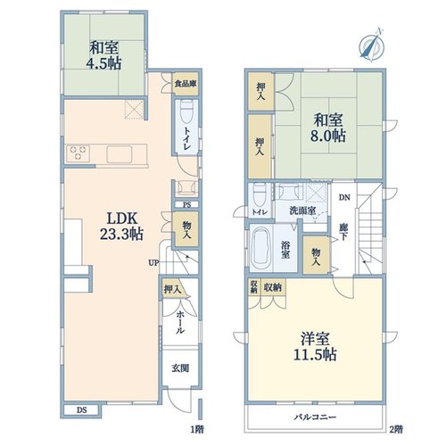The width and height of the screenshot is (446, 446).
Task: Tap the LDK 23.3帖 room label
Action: click(x=121, y=227)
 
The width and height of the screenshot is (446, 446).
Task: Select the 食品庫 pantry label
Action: click(x=186, y=84)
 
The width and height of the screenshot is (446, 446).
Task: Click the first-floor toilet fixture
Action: click(x=186, y=111)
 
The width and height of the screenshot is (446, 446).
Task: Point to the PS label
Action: click(x=186, y=205)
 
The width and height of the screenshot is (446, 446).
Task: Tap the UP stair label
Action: click(x=154, y=263)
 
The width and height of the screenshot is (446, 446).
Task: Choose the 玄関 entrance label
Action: click(x=180, y=368)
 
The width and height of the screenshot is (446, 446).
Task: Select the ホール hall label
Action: click(x=180, y=322)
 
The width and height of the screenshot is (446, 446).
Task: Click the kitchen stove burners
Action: click(x=78, y=153)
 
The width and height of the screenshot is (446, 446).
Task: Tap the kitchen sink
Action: click(x=120, y=154)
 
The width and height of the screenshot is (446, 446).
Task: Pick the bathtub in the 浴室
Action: click(x=261, y=249)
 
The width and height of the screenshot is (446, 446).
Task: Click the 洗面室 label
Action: click(x=302, y=211)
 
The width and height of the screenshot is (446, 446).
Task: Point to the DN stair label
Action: click(x=344, y=197)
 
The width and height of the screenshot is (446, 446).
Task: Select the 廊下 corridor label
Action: click(x=343, y=232)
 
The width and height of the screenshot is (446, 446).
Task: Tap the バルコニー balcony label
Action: click(x=315, y=417)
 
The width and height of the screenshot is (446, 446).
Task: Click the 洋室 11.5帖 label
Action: click(x=315, y=347)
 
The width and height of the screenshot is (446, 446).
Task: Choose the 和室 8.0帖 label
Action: click(x=328, y=128)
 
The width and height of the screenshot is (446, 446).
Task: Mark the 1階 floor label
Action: click(x=197, y=429)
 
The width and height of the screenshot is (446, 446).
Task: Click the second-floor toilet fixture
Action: click(x=260, y=194)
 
